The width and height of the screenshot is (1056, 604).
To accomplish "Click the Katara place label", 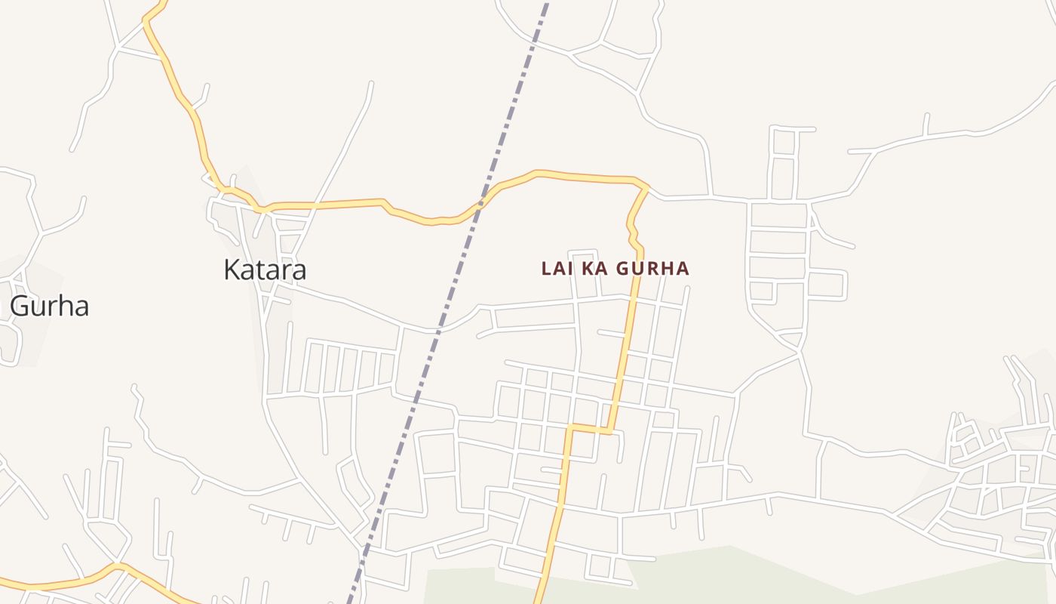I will [265, 270].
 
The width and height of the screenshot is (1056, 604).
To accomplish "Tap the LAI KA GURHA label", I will [615, 268].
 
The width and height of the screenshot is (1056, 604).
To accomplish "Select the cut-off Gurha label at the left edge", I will [49, 307].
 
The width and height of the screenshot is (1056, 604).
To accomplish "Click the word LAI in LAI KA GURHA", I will [557, 268].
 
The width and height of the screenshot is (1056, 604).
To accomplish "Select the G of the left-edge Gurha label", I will [20, 307].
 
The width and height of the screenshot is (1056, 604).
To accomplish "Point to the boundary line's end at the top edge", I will [546, 3].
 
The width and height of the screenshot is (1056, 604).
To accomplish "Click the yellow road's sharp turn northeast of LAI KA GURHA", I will [646, 187].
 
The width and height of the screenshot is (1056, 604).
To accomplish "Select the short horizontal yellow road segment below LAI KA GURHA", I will [589, 430].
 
